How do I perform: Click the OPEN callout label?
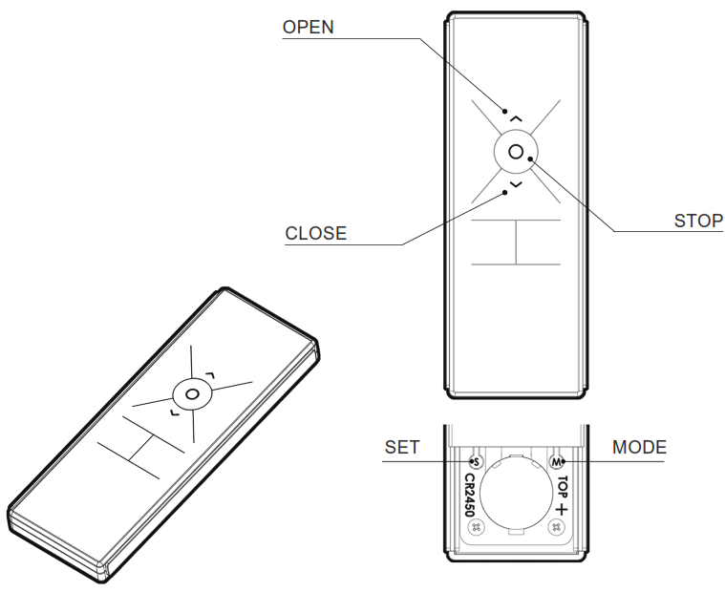click(x=309, y=28)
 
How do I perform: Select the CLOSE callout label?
click(x=315, y=233)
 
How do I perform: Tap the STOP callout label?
click(x=698, y=221)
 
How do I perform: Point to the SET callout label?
click(x=401, y=447)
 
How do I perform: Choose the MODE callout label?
click(x=639, y=447)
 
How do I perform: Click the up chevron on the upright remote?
click(x=516, y=116)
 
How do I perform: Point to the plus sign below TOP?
click(x=563, y=510)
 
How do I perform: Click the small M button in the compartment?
click(x=555, y=462)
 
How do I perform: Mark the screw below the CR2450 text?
click(x=478, y=527)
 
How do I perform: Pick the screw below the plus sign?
click(x=555, y=527)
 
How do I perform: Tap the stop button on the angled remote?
click(x=192, y=393)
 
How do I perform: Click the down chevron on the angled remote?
click(x=172, y=412)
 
